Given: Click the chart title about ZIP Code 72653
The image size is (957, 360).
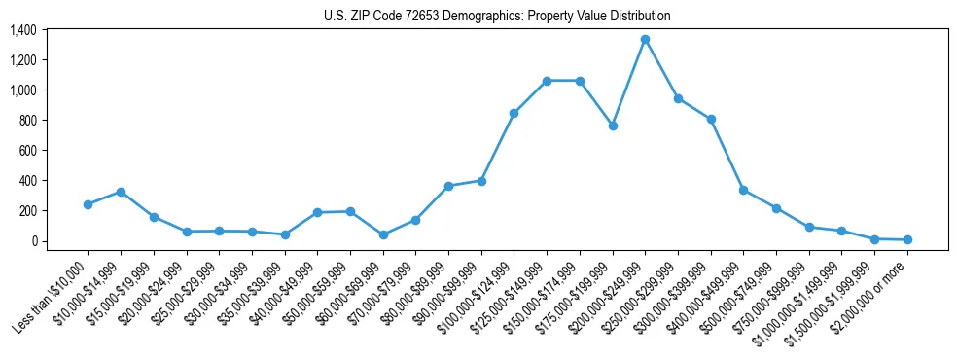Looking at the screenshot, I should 497,17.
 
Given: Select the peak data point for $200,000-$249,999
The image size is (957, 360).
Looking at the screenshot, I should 645,40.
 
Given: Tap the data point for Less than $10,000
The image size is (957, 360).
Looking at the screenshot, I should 88,204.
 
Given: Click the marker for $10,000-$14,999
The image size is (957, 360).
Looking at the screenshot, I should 121,192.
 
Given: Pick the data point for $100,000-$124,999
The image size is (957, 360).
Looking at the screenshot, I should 514,113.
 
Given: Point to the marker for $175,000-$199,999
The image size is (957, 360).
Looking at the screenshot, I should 613,126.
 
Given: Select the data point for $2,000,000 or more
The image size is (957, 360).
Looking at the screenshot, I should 907,239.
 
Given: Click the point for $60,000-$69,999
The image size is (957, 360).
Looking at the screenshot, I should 383,234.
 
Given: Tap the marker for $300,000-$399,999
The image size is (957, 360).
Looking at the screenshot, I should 711,119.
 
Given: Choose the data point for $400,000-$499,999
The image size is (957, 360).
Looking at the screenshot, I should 743,190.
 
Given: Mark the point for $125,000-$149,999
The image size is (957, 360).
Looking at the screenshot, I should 547,81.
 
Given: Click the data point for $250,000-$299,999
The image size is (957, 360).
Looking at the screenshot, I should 678,98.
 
